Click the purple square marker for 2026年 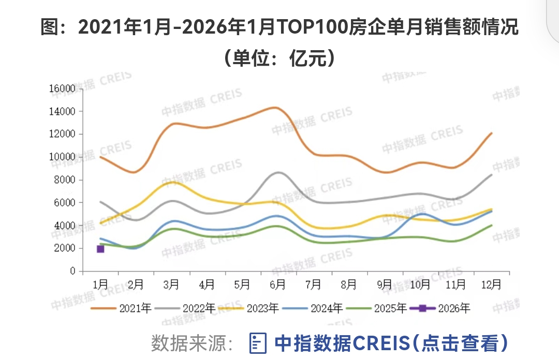click(x=100, y=249)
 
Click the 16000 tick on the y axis click(x=63, y=88)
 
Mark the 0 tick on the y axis click(x=72, y=271)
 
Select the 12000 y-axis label click(x=63, y=134)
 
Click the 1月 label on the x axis click(x=100, y=284)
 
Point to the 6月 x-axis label click(x=278, y=284)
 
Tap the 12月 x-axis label click(x=491, y=284)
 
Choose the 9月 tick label click(x=385, y=284)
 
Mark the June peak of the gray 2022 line click(x=278, y=172)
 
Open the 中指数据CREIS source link click(x=391, y=342)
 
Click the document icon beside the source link click(x=258, y=342)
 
